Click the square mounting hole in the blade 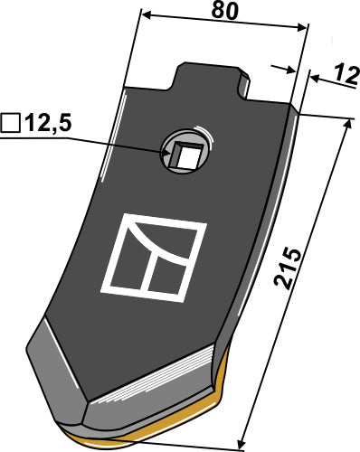click(185, 154)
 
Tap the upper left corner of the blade click(122, 88)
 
